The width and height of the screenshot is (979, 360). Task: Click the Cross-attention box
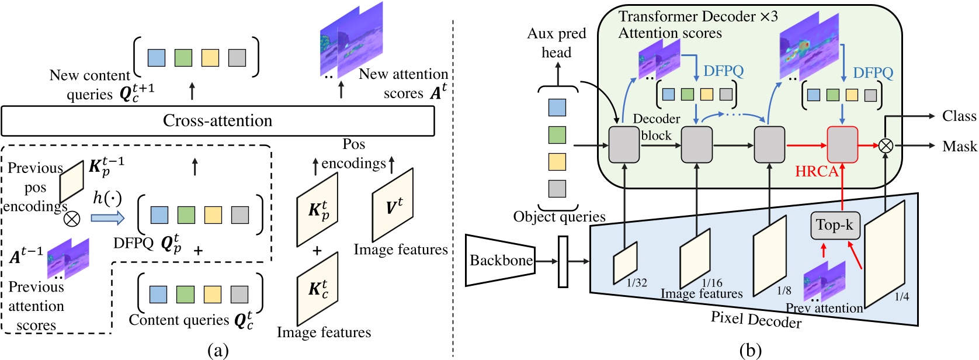[217, 121]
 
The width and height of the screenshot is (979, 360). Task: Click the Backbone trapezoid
[501, 261]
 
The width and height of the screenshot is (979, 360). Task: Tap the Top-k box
[835, 225]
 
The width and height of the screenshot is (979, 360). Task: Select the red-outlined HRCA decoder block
[842, 144]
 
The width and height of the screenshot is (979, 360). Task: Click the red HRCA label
[817, 172]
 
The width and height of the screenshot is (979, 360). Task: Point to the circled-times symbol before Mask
[886, 146]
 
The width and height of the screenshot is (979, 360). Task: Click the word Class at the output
[959, 116]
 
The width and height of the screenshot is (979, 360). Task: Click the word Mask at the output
[959, 146]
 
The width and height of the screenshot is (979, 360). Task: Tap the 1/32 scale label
[637, 283]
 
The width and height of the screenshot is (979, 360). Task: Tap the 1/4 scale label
[902, 297]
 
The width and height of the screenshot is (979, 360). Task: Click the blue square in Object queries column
[557, 108]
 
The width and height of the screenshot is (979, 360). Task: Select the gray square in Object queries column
[557, 188]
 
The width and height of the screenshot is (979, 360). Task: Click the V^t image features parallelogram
[393, 205]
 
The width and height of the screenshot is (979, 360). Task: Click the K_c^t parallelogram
[317, 289]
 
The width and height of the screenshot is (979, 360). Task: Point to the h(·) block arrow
[107, 218]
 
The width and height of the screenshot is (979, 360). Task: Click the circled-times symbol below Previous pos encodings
[71, 219]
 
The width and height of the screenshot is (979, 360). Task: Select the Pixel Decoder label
[756, 320]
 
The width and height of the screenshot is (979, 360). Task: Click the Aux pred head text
[556, 43]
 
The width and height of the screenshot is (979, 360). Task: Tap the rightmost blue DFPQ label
[873, 73]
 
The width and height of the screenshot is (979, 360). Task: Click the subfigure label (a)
[218, 351]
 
